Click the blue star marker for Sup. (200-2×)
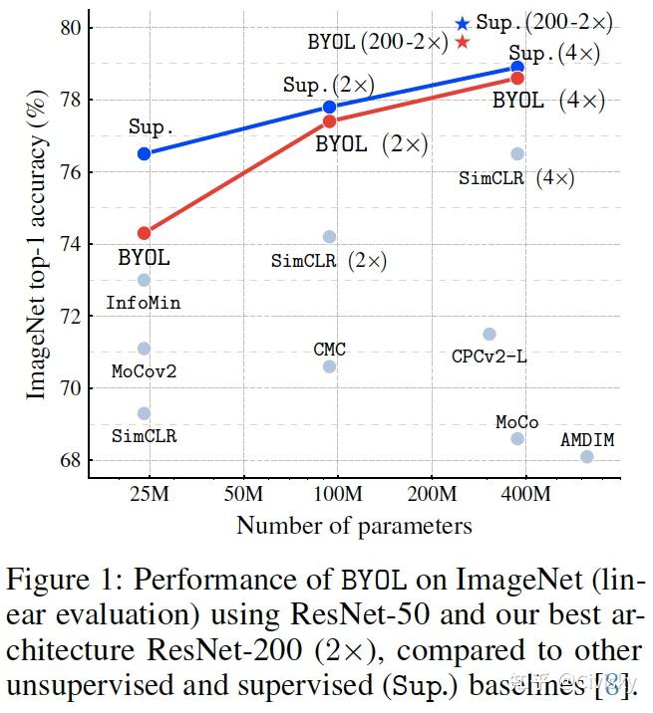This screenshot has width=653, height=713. [x=462, y=23]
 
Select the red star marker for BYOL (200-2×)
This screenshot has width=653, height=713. [x=462, y=42]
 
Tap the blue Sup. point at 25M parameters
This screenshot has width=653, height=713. [x=144, y=153]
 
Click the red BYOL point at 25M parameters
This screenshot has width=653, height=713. [x=144, y=233]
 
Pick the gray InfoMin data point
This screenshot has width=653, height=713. [x=144, y=280]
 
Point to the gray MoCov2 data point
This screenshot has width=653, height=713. [x=144, y=349]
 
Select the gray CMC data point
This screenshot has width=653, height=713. [x=330, y=366]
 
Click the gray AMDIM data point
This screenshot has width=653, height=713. [x=586, y=456]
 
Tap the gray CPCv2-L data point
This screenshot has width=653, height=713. [x=489, y=335]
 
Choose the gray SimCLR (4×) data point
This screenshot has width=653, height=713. [x=517, y=153]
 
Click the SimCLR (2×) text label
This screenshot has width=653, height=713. [x=329, y=262]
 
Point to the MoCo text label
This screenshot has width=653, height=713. [x=516, y=422]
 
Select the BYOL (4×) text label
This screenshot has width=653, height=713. [x=549, y=101]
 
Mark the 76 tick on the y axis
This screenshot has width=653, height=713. [x=70, y=172]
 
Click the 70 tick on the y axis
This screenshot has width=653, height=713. [x=70, y=387]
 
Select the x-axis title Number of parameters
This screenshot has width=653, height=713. [x=354, y=525]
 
